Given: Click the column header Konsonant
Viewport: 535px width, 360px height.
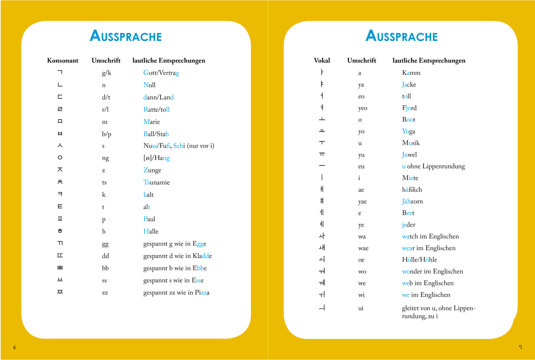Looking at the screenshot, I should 63,60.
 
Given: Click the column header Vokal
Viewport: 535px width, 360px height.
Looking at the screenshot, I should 322,60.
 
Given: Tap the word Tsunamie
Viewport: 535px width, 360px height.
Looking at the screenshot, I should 156,182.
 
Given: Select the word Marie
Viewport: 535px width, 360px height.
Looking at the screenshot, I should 151,122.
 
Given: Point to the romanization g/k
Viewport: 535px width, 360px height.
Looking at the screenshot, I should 107,73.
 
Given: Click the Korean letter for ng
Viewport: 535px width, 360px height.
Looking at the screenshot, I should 60,158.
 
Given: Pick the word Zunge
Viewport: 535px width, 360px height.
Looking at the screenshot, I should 152,170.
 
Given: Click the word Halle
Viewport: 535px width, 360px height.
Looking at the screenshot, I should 151,231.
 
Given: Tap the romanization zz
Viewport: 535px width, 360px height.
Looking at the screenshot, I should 105,293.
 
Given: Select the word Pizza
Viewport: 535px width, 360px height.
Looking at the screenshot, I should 202,293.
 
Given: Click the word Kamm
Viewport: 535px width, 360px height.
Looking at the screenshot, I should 411,73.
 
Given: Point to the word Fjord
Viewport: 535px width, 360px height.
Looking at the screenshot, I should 409,108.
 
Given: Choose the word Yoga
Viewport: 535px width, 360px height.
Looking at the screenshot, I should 408,131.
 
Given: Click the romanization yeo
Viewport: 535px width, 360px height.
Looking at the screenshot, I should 363,108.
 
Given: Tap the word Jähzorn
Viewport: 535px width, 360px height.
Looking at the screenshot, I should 412,201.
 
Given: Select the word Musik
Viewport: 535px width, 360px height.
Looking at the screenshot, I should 411,143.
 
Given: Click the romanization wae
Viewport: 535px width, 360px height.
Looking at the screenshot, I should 363,248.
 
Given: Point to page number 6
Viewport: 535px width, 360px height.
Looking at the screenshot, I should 15,347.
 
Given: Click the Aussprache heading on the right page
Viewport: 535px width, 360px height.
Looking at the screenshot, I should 401,36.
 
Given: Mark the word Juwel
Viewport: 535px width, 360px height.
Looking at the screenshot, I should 409,155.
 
